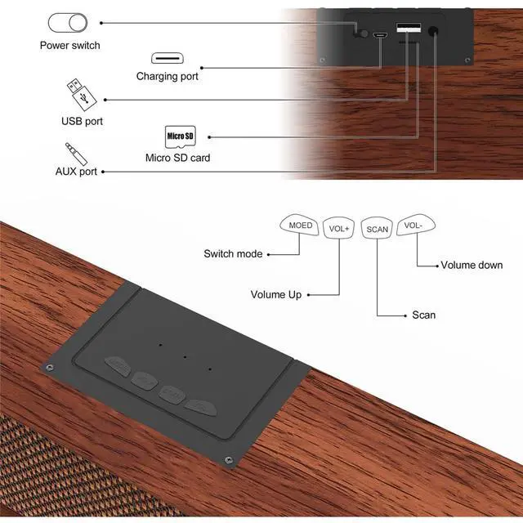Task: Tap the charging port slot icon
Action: pyautogui.click(x=167, y=59)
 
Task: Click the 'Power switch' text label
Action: pyautogui.click(x=69, y=45)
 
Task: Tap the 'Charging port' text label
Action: pyautogui.click(x=167, y=77)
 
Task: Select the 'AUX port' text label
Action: pyautogui.click(x=76, y=172)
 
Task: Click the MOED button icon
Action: pyautogui.click(x=299, y=226)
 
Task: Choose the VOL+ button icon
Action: pyautogui.click(x=338, y=228)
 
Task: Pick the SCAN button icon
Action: pyautogui.click(x=377, y=229)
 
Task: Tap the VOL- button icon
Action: pyautogui.click(x=413, y=226)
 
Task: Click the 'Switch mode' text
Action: pyautogui.click(x=233, y=254)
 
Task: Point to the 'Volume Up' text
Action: pyautogui.click(x=275, y=294)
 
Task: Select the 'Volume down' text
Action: pyautogui.click(x=472, y=265)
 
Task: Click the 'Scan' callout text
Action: pyautogui.click(x=424, y=315)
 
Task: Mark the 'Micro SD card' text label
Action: pyautogui.click(x=177, y=157)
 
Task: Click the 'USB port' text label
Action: pyautogui.click(x=82, y=121)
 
